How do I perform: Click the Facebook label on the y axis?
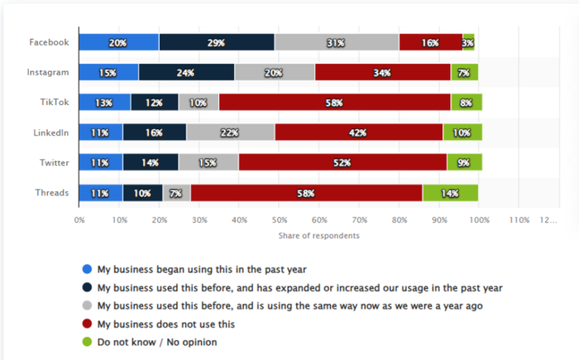click(48, 42)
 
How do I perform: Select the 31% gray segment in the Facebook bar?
click(336, 42)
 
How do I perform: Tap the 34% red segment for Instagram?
click(382, 72)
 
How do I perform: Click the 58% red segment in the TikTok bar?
click(335, 103)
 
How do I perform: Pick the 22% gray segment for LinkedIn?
click(231, 132)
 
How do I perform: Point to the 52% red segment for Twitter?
click(342, 163)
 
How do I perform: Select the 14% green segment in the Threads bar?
click(450, 193)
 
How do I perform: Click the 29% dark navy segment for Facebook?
click(217, 42)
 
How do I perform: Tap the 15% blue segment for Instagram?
click(108, 72)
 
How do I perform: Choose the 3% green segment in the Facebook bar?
click(468, 42)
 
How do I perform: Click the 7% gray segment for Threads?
click(176, 193)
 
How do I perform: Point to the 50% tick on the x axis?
click(280, 220)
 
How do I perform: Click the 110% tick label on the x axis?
click(519, 220)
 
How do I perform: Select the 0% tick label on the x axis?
click(79, 220)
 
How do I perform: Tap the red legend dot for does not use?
click(87, 324)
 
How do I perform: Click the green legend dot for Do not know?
click(87, 342)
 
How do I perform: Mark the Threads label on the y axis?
click(51, 193)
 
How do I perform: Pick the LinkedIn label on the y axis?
click(51, 132)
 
